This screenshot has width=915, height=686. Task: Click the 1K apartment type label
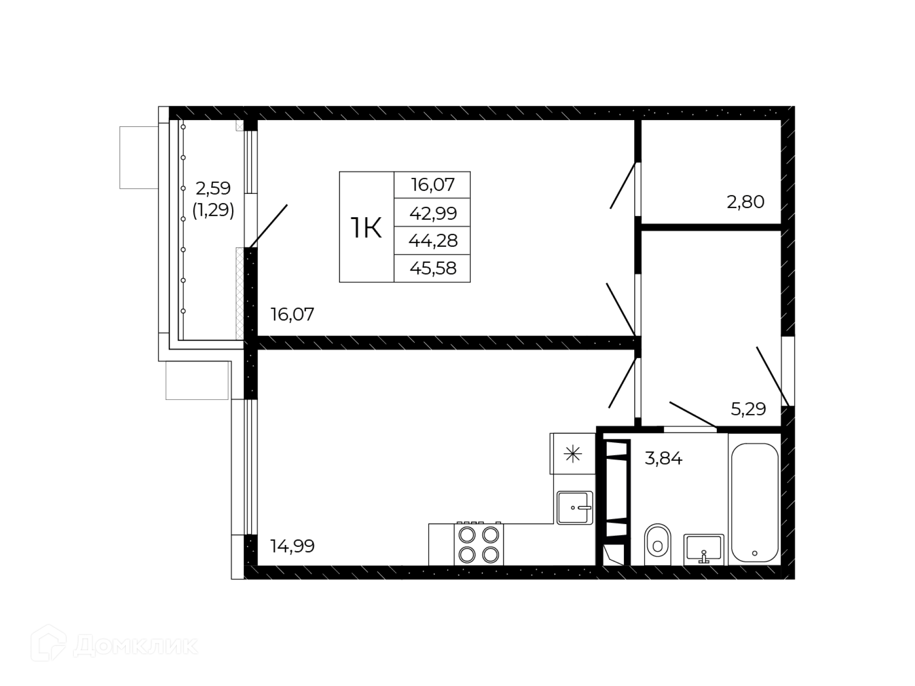[366, 228]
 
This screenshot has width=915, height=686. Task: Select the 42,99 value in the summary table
[433, 212]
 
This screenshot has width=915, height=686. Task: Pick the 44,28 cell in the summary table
[433, 240]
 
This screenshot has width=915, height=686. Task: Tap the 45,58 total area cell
[433, 268]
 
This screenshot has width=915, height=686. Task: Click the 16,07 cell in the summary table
[433, 184]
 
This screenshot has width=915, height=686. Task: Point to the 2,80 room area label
[745, 202]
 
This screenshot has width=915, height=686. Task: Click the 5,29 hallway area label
[748, 409]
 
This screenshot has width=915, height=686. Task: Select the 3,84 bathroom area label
[663, 458]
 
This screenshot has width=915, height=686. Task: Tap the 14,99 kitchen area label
[292, 546]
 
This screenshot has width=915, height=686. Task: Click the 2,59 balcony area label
[213, 188]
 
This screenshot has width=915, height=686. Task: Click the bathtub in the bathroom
[754, 503]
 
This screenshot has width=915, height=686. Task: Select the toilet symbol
[657, 545]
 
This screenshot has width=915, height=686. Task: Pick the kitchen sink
[575, 508]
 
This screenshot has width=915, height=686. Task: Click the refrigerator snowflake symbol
[573, 454]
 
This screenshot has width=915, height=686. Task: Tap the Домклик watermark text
[136, 646]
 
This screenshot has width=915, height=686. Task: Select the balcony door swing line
[268, 226]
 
